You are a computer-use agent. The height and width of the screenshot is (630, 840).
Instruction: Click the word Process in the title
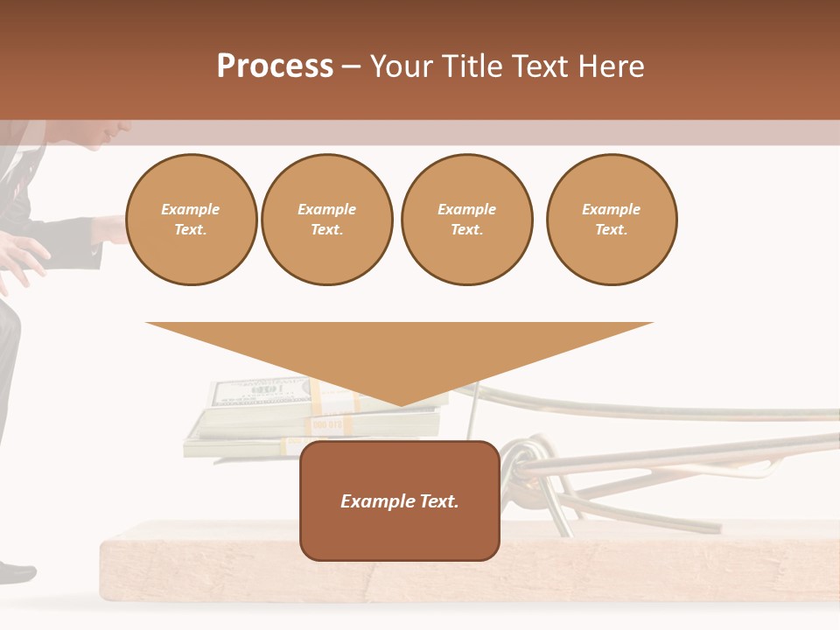(275, 66)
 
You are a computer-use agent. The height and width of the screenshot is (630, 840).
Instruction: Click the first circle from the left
(191, 220)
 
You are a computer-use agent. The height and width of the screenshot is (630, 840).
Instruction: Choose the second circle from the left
(327, 220)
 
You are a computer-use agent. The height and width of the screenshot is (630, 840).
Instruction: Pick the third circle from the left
(466, 220)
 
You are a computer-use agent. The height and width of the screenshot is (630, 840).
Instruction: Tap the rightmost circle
(612, 220)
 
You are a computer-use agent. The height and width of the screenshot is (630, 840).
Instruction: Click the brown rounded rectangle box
(399, 500)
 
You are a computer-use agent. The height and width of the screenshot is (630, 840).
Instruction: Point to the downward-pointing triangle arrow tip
(400, 402)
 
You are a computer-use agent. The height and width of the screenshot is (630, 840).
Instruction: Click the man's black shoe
(16, 573)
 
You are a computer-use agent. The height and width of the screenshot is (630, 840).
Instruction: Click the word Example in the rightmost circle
(612, 209)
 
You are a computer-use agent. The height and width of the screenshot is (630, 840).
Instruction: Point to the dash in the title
(351, 66)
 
